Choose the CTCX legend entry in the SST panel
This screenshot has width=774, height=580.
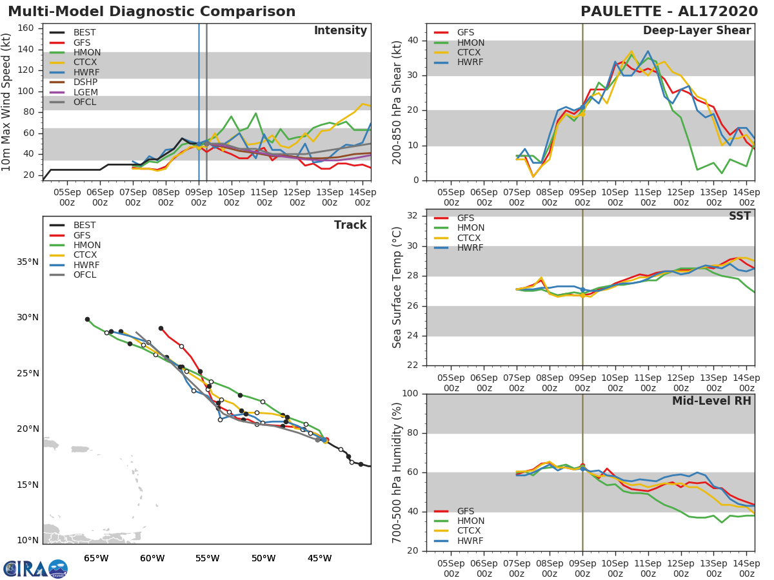470,238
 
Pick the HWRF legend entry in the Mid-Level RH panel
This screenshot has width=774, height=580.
470,541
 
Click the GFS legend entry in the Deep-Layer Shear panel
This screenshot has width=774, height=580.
465,33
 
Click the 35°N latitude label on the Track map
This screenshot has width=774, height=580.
28,262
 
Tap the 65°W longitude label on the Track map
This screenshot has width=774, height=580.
96,558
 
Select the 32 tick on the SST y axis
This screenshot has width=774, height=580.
417,216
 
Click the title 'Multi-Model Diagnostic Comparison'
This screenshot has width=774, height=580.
152,12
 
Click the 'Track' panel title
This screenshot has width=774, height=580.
350,225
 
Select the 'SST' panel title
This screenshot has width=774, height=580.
740,216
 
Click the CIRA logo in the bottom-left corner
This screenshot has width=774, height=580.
35,568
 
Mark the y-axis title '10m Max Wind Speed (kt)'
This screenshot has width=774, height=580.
7,103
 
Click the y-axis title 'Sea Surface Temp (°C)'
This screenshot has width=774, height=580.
397,287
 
